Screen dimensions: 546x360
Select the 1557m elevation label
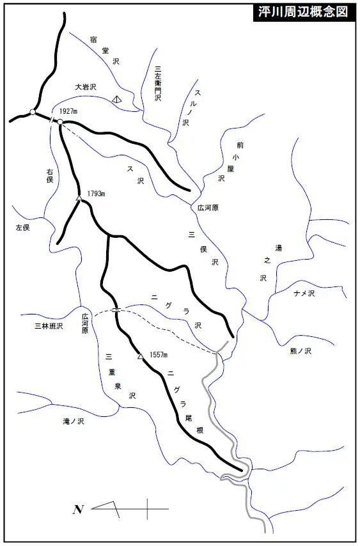tap(157, 355)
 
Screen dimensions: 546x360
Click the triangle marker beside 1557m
tap(141, 357)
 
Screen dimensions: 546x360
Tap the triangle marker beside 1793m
tap(79, 199)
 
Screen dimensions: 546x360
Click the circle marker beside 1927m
tap(59, 121)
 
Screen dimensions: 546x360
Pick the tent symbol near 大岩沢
tap(116, 99)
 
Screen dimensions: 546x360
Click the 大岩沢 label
tap(85, 86)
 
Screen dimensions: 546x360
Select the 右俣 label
tap(49, 176)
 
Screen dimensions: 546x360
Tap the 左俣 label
tap(24, 227)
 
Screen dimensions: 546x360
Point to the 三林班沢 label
tap(49, 327)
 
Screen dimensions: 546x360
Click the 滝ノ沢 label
tap(74, 421)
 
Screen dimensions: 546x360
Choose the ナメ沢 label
tap(304, 293)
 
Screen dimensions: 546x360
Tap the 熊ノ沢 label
tap(299, 351)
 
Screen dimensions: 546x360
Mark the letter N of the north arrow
tap(78, 510)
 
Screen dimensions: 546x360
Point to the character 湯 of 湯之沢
tap(278, 247)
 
